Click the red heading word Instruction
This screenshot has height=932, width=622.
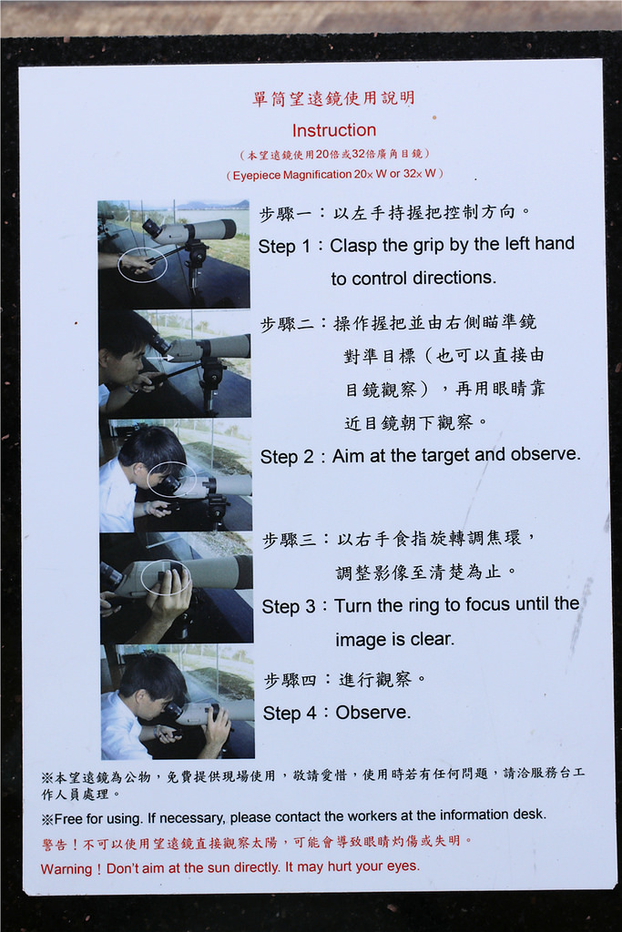tap(333, 130)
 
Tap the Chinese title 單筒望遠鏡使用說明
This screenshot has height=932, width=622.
tap(333, 98)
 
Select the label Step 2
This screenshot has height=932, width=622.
tap(287, 457)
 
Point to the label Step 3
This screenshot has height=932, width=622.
tap(289, 606)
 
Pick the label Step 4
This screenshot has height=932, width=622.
tap(290, 713)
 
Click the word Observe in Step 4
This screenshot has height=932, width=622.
tap(372, 712)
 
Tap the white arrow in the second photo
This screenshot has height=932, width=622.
tap(159, 358)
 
